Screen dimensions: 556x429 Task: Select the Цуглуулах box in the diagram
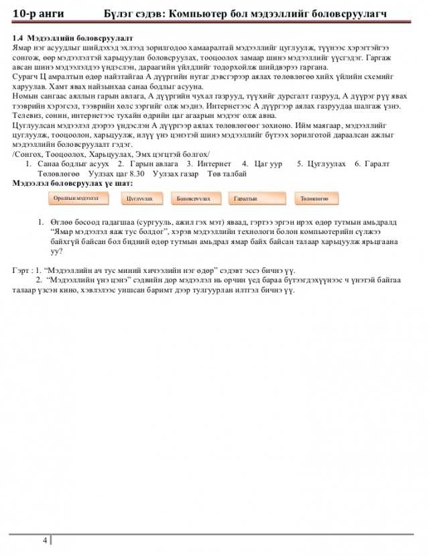tap(139, 199)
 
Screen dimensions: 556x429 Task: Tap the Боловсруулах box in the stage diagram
tap(194, 199)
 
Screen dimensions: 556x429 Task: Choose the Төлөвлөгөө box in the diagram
tap(315, 199)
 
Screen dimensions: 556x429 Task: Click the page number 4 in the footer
tap(45, 540)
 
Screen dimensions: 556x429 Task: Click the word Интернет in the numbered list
tap(214, 164)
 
